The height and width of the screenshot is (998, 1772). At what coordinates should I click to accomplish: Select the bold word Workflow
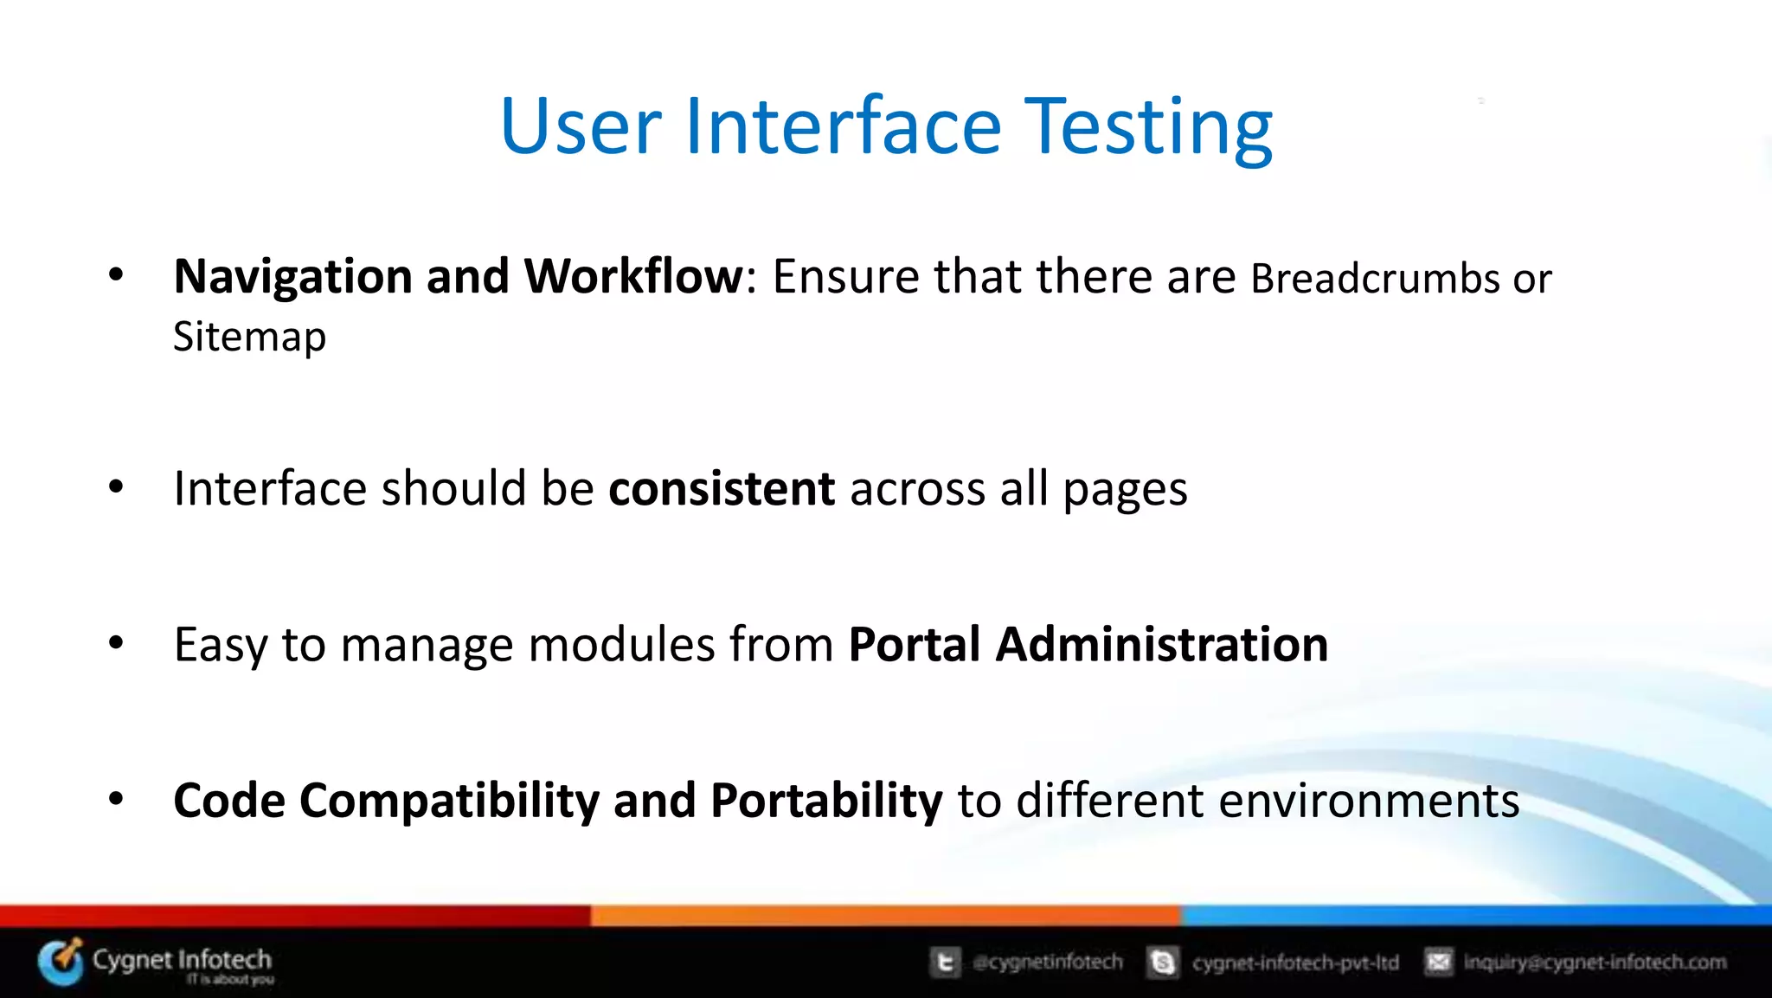(633, 277)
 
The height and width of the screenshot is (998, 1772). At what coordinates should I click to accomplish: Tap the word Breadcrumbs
(1375, 279)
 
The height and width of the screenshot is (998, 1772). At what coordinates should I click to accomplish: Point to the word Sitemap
(249, 337)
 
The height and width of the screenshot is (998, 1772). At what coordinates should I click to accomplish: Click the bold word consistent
(722, 488)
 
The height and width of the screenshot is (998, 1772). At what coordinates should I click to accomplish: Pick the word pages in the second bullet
(1125, 490)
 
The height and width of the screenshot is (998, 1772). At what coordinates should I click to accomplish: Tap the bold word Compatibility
(449, 801)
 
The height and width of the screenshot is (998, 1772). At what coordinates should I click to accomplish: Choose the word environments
(1368, 801)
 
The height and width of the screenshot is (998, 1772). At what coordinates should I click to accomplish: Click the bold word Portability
(825, 801)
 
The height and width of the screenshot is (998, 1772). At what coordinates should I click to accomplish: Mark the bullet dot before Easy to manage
(116, 643)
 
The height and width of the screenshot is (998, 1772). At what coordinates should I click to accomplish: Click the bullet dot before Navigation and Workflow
(116, 275)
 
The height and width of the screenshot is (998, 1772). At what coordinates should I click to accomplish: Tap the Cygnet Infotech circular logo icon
(61, 962)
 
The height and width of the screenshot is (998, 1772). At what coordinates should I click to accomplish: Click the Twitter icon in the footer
(945, 963)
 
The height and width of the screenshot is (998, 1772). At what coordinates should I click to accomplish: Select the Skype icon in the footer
(1163, 963)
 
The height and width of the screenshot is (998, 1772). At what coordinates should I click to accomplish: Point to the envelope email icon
(1438, 962)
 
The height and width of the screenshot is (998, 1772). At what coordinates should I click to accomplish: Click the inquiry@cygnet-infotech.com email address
(1594, 962)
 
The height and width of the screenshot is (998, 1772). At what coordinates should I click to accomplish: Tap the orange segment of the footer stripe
(884, 915)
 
